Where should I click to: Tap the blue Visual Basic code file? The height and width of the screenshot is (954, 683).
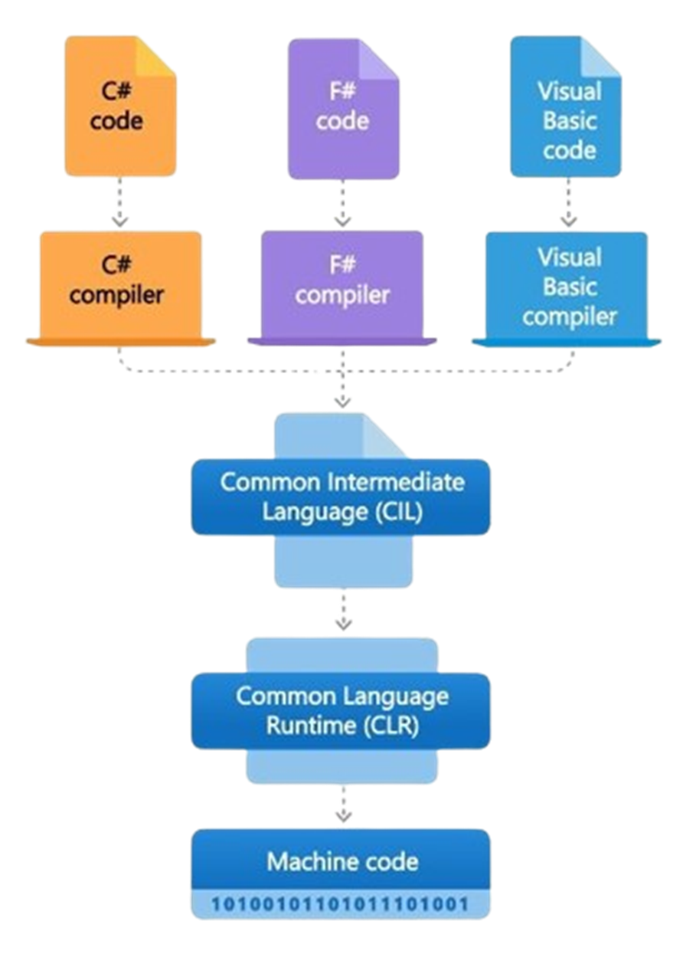click(566, 107)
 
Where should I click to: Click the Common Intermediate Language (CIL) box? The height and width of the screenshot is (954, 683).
click(341, 497)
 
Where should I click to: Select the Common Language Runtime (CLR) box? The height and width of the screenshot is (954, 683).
click(341, 711)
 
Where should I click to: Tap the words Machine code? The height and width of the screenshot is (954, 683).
click(342, 861)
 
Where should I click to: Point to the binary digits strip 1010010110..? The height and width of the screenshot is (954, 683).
click(340, 903)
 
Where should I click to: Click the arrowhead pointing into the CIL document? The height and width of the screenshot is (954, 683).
click(342, 400)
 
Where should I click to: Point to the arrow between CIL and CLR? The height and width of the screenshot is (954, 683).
click(342, 613)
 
